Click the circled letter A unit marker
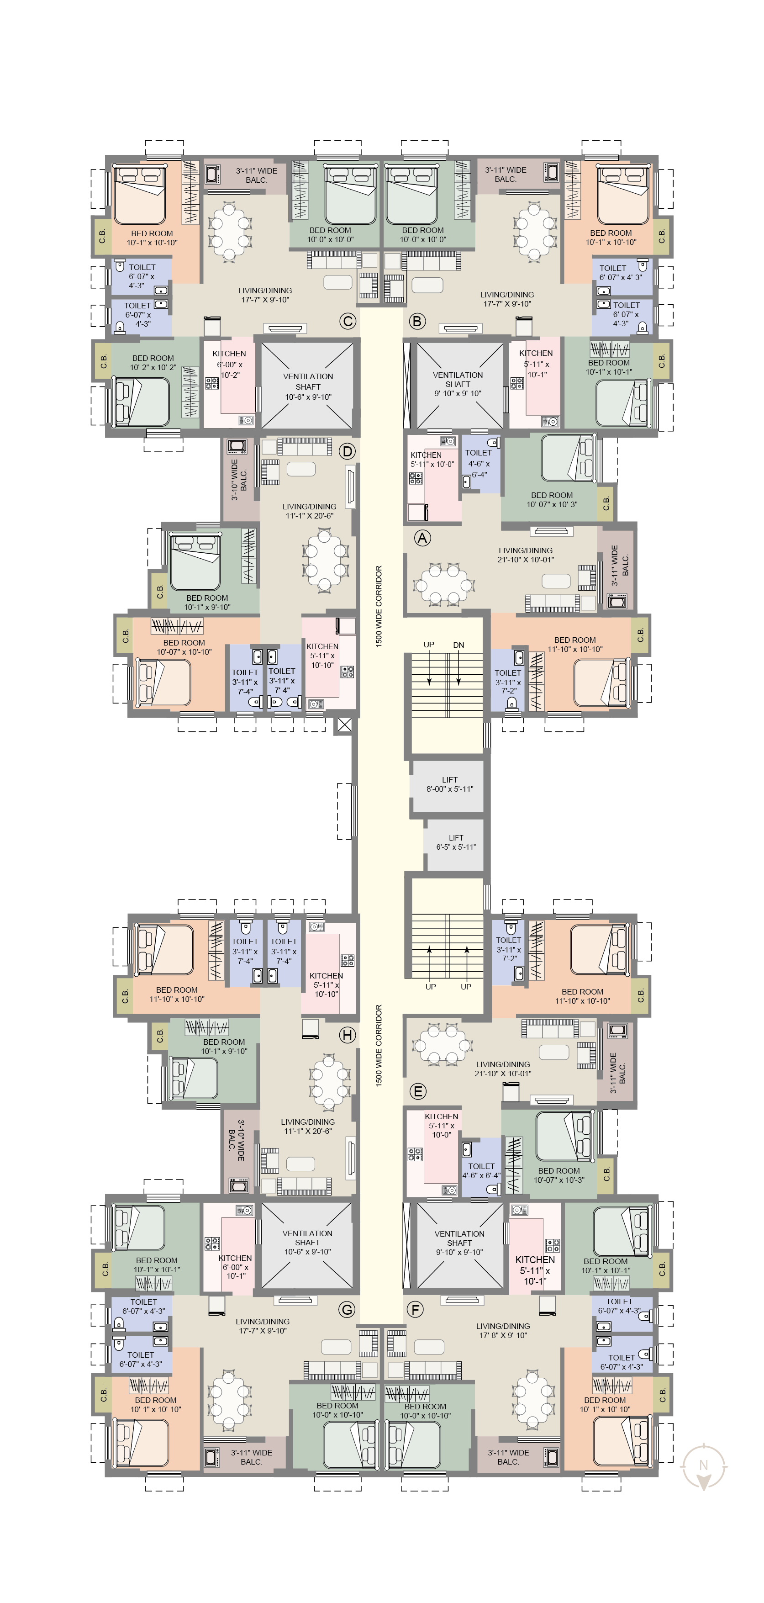point(422,538)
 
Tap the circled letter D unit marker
point(347,451)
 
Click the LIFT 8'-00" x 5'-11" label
point(450,784)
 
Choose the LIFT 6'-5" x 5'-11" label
point(456,842)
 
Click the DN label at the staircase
point(458,645)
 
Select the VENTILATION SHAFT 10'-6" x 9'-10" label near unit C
point(308,386)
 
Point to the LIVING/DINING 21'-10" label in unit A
point(526,555)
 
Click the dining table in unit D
point(325,560)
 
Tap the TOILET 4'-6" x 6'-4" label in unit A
point(479,464)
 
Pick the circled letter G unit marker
point(347,1309)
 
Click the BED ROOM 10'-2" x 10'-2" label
point(153,363)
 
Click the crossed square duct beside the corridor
point(344,725)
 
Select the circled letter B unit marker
point(417,321)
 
